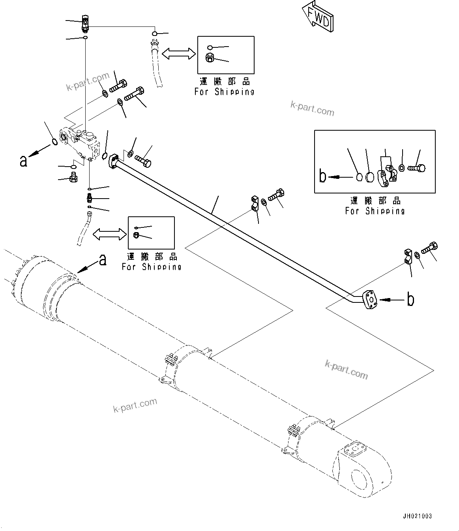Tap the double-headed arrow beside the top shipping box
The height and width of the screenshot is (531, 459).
point(179,54)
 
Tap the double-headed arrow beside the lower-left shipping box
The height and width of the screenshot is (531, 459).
point(109,234)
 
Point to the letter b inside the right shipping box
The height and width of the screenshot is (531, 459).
point(323,176)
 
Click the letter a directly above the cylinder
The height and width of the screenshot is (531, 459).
point(103,260)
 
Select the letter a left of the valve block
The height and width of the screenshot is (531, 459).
point(24,161)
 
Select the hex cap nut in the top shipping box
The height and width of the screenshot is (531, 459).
point(210,58)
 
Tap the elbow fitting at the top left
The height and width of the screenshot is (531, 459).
point(85,22)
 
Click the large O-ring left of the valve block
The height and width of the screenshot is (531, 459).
point(55,140)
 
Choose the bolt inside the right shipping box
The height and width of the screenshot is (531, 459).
point(416,168)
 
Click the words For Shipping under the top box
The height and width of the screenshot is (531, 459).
point(225,92)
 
